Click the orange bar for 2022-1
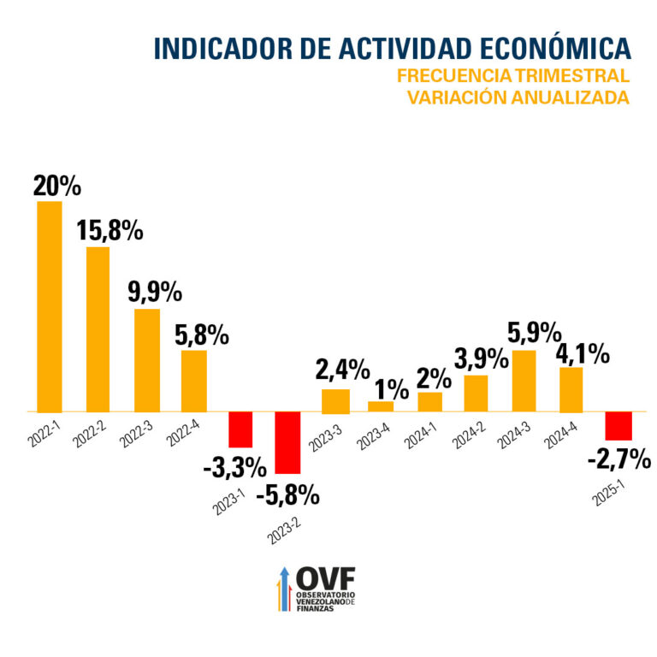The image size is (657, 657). click(50, 306)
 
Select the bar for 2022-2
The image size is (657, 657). click(98, 328)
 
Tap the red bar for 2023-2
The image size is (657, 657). click(287, 442)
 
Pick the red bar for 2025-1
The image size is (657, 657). click(618, 425)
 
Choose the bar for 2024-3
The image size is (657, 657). click(524, 381)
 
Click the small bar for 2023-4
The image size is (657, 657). click(381, 405)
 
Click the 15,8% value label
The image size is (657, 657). click(109, 232)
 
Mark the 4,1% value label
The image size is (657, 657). click(584, 352)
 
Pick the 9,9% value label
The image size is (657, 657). click(155, 293)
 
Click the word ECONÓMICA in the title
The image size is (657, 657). click(542, 48)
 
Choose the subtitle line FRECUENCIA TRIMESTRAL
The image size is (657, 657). click(513, 76)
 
